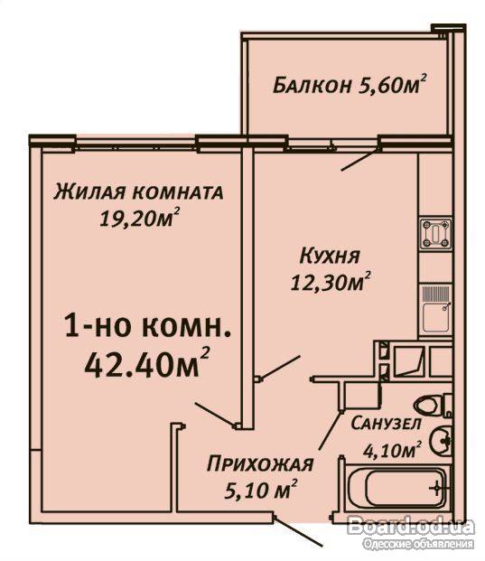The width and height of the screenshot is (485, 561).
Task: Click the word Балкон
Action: tap(312, 86)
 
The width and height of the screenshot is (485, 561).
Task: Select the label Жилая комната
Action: tap(138, 192)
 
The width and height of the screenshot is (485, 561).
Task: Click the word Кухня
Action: tap(330, 257)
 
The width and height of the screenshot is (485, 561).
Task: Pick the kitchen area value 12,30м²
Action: tap(330, 281)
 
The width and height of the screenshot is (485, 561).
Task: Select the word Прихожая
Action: tap(260, 464)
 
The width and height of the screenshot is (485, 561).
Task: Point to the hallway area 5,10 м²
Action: tap(261, 489)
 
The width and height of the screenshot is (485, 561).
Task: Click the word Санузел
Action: tap(386, 424)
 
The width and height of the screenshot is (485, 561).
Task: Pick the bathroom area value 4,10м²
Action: tap(391, 449)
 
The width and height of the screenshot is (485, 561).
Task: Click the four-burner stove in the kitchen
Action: tap(435, 234)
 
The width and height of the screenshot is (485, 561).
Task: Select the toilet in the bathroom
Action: tap(433, 405)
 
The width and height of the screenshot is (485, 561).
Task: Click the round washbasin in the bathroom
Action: tap(441, 440)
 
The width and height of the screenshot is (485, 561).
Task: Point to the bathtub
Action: tap(396, 488)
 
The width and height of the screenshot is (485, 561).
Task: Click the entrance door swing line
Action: tap(299, 531)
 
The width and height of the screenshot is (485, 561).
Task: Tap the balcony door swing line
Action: tap(359, 160)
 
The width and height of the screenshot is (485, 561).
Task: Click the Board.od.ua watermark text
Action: tap(411, 527)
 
